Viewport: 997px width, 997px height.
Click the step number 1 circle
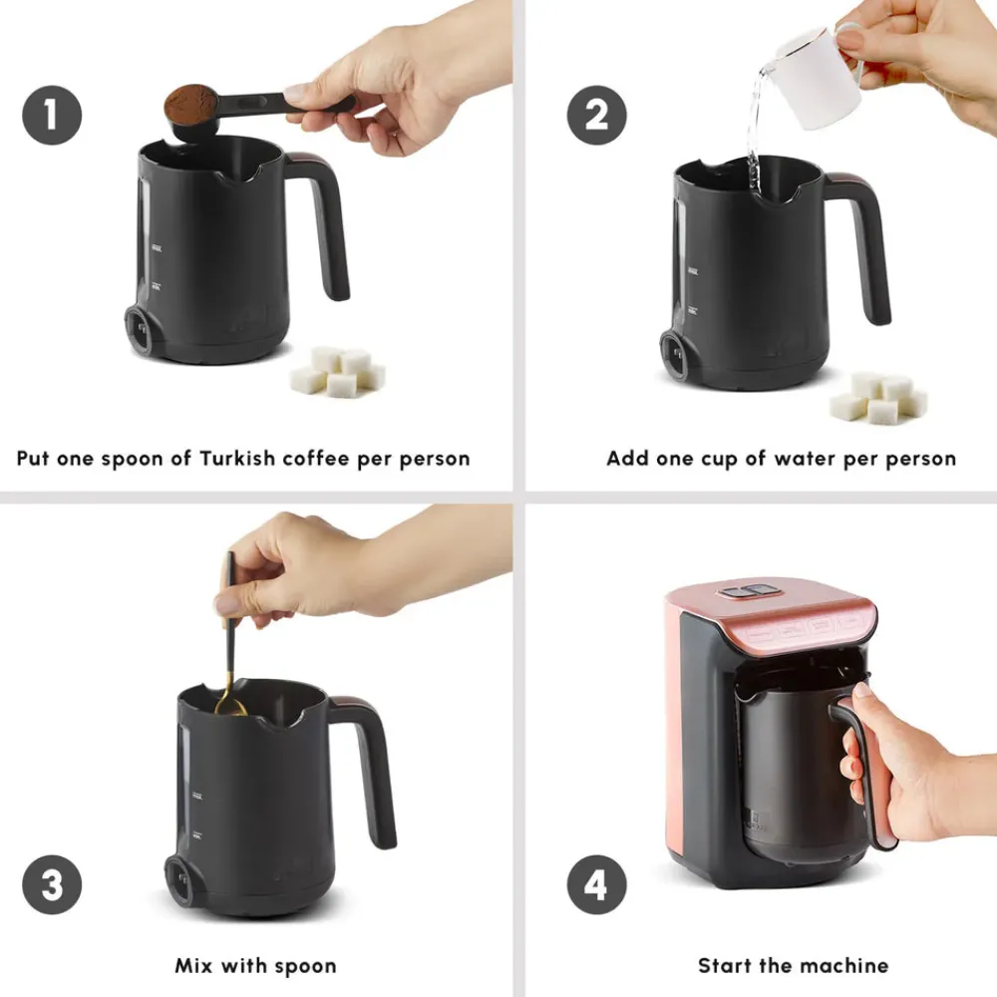[52, 115]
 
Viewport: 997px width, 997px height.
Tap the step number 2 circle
[596, 115]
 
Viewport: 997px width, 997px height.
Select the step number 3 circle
[52, 884]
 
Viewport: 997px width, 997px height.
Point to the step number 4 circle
[596, 884]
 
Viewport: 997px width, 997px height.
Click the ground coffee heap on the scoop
[190, 102]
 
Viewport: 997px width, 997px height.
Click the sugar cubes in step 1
[337, 371]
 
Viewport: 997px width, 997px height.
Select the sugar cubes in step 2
[878, 398]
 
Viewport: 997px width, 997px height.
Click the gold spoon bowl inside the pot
[230, 707]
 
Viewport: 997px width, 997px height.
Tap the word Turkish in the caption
[237, 458]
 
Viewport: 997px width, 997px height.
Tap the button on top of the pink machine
[749, 591]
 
